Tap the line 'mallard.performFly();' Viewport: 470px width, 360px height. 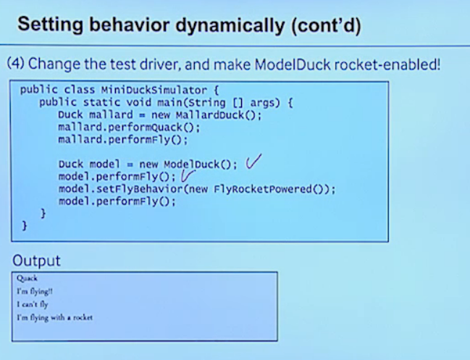(x=122, y=140)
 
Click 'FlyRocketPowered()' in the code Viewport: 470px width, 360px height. (x=271, y=189)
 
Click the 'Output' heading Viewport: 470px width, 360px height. (x=37, y=261)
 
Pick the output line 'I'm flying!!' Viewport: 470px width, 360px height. (x=34, y=291)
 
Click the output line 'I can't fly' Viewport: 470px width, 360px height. (x=32, y=304)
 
